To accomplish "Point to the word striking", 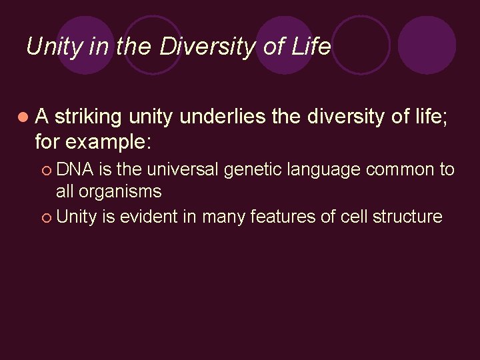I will (89, 117).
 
